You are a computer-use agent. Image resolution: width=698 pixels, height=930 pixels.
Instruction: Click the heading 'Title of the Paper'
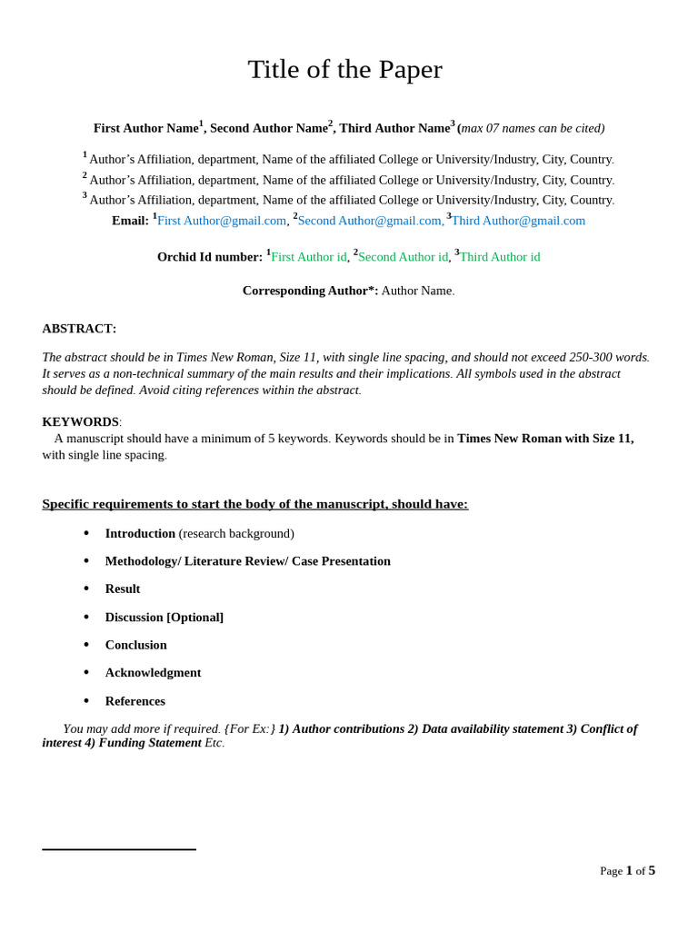coord(344,70)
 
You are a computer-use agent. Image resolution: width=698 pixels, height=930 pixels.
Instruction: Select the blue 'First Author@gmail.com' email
coord(222,221)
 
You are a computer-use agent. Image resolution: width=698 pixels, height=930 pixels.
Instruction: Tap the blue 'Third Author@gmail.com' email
coord(518,221)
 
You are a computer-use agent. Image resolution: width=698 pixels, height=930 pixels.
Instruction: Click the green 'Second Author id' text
coord(403,257)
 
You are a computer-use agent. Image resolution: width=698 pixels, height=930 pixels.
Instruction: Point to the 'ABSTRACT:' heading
coord(79,329)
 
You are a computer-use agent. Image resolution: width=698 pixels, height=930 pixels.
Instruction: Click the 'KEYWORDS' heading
coord(80,421)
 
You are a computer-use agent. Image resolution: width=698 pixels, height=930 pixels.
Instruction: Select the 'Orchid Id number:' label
coord(209,257)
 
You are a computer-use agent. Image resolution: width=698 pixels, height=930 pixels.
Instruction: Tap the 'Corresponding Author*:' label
coord(310,291)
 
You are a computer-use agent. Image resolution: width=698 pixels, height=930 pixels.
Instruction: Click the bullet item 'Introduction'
coord(140,533)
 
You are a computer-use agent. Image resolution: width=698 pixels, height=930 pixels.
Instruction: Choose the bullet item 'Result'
coord(123,589)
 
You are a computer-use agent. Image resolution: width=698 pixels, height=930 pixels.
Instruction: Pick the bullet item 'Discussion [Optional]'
coord(164,617)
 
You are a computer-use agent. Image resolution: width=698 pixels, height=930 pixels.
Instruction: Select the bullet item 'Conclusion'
coord(135,645)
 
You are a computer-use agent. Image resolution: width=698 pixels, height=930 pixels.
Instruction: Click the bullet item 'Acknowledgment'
coord(153,672)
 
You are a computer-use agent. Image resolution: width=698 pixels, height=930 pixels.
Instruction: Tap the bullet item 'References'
coord(135,701)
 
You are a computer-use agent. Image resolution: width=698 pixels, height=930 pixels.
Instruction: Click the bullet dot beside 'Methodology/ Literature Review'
coord(86,561)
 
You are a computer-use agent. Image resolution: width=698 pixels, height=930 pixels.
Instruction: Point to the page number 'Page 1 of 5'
coord(627,870)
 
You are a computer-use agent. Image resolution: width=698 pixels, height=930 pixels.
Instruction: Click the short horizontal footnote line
coord(119,849)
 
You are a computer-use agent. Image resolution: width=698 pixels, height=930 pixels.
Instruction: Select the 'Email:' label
coord(130,221)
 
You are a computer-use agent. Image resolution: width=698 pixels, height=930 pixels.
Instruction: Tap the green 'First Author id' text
coord(308,257)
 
